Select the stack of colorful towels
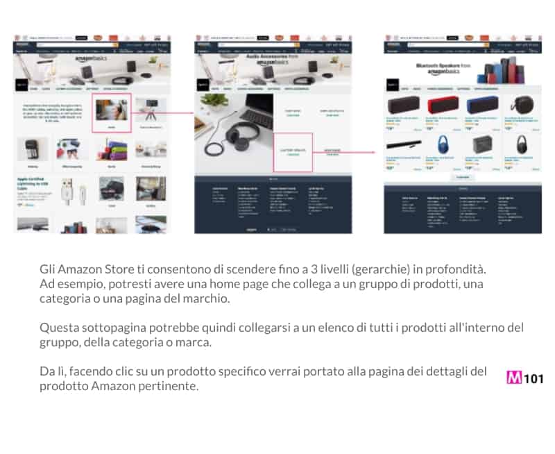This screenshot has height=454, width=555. (111, 149)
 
